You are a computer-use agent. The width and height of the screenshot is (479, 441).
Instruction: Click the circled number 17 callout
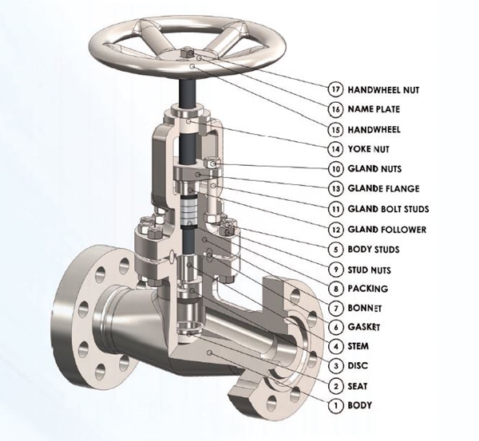335,88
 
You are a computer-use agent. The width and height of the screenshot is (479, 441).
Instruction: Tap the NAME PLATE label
374,108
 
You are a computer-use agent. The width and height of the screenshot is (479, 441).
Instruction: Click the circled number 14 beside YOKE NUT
335,148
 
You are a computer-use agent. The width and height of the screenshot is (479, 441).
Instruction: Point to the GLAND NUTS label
375,168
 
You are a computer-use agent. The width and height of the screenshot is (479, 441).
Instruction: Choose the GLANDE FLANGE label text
383,188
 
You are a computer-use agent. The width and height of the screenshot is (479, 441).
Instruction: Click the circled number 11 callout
335,208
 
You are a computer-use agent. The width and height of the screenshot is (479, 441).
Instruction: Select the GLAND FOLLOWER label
387,229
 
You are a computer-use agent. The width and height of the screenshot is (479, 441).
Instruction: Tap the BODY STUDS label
374,249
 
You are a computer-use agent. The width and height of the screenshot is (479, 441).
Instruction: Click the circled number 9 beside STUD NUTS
335,269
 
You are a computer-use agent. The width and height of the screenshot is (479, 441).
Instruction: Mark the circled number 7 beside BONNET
335,308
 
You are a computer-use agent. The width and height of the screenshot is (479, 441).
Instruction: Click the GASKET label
365,328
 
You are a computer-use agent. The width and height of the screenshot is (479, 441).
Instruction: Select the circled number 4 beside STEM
335,347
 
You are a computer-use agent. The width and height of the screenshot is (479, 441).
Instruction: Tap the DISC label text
358,366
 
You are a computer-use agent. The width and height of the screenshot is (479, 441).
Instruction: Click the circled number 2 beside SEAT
335,386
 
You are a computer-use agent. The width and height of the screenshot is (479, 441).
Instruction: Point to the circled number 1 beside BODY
335,405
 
